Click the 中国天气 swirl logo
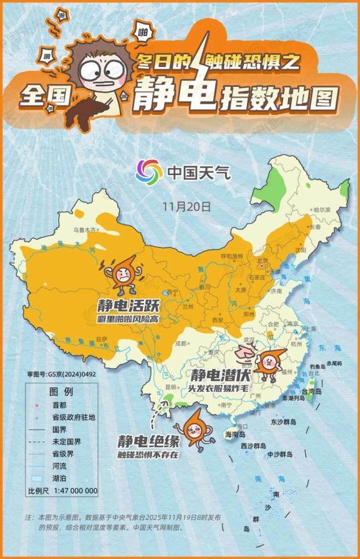(149, 172)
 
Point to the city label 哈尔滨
(322, 210)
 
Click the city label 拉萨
(101, 339)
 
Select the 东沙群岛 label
(284, 422)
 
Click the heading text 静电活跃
(121, 306)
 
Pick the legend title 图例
(61, 391)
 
